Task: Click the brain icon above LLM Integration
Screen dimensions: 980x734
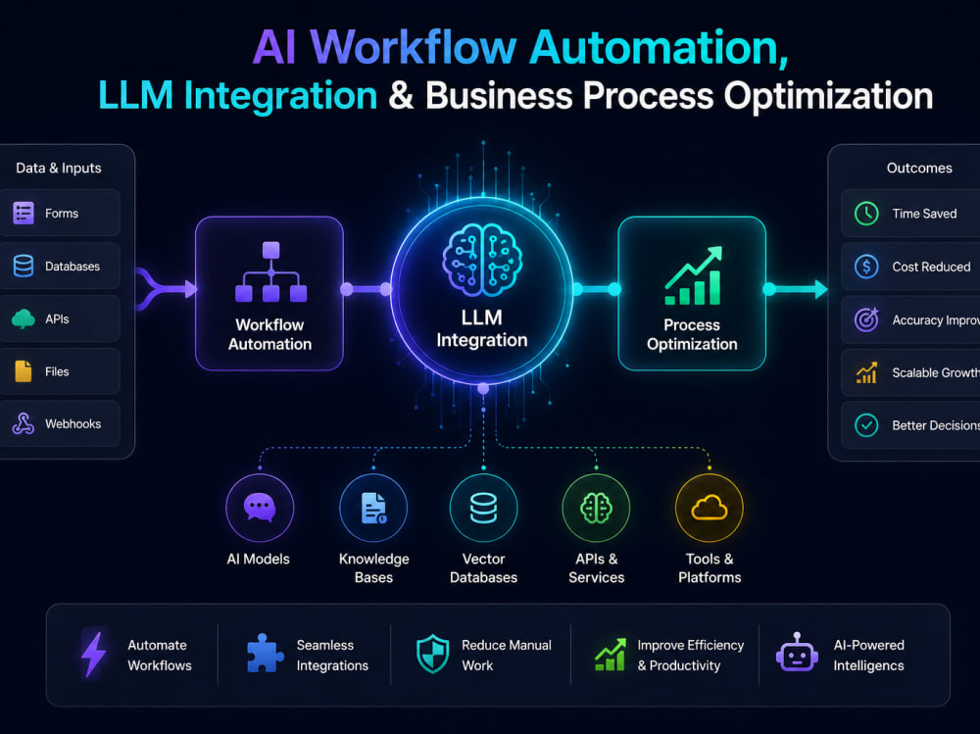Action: (482, 260)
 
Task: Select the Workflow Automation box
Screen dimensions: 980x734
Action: (269, 293)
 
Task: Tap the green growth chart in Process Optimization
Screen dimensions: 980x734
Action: (693, 275)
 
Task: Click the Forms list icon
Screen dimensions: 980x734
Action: (24, 214)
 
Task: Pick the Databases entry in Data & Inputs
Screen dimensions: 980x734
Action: (60, 267)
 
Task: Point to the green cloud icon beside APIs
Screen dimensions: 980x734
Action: (24, 318)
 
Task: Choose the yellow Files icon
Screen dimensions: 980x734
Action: (24, 371)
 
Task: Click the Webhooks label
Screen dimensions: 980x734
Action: (73, 424)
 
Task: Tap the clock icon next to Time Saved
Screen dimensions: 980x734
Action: (866, 214)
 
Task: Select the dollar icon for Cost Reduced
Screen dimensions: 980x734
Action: (866, 267)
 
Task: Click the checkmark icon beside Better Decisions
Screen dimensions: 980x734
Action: (866, 425)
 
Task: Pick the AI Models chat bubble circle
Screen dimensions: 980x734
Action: (260, 508)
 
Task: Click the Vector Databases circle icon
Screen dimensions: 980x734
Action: (484, 508)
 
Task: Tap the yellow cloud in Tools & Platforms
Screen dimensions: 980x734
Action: (710, 507)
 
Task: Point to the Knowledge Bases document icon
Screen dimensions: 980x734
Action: (373, 508)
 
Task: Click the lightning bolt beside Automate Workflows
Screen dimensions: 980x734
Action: (94, 654)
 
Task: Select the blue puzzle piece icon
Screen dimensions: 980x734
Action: (265, 654)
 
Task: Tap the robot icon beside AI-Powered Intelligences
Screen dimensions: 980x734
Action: (797, 652)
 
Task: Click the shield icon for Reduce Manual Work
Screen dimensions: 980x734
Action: (433, 654)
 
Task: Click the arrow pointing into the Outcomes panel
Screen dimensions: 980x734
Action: (798, 289)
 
